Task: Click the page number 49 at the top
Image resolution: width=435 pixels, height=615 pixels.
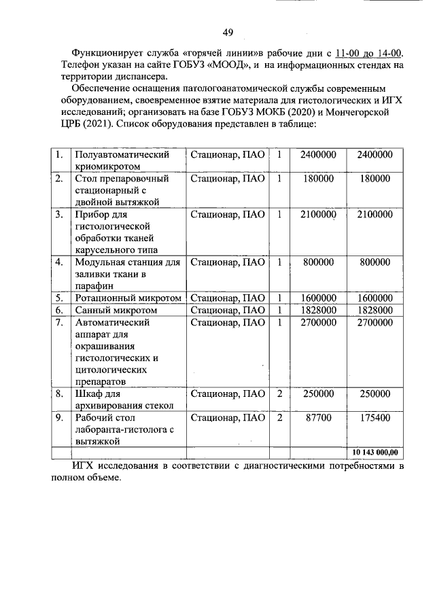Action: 228,33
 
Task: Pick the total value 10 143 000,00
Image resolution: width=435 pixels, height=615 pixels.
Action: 375,452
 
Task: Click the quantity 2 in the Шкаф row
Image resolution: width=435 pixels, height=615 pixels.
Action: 279,393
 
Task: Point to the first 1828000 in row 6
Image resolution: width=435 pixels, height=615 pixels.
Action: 318,310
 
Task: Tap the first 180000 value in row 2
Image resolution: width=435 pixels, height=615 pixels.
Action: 318,179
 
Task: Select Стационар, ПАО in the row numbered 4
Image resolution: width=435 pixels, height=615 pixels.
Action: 228,262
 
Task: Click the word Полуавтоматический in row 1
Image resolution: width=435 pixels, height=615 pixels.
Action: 122,155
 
